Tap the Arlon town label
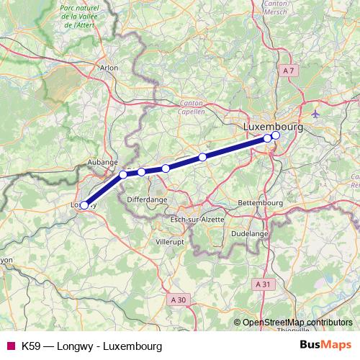(x=109, y=68)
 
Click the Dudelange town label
(x=250, y=234)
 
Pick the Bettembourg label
(x=258, y=203)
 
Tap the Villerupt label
(x=170, y=243)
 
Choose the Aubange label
(x=102, y=163)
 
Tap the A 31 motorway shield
(x=265, y=284)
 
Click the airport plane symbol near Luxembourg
(x=317, y=114)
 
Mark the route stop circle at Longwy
(x=84, y=205)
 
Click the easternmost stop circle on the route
(x=275, y=135)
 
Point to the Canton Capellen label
(x=192, y=108)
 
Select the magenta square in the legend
(x=11, y=346)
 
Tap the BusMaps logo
(x=326, y=346)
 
